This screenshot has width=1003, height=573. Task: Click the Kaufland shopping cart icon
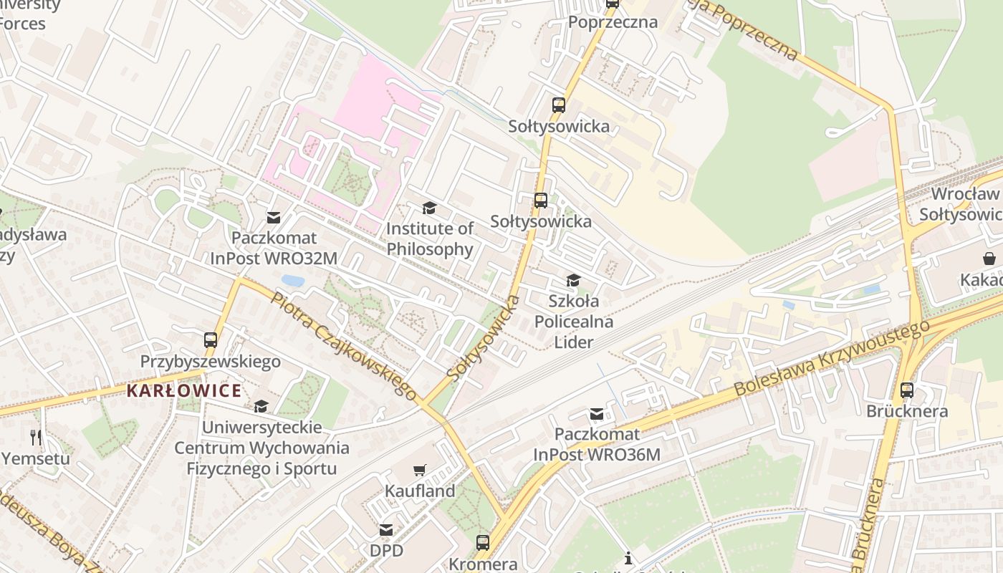click(420, 471)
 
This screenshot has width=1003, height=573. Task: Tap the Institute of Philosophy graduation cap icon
click(429, 208)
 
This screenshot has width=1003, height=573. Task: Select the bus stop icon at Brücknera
click(907, 390)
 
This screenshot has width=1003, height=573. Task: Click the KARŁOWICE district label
click(184, 391)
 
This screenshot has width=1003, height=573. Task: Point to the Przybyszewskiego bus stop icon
click(210, 340)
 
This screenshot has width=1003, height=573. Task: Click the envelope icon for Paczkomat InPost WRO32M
click(274, 217)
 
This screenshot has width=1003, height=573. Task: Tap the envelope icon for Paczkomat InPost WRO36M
click(597, 414)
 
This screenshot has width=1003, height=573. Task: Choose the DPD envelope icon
click(386, 530)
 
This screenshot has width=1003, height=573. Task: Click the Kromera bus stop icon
click(483, 542)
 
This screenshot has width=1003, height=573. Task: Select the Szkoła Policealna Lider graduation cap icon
click(573, 280)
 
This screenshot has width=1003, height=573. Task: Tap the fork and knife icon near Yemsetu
click(36, 437)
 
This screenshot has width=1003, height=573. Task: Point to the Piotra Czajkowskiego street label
click(343, 346)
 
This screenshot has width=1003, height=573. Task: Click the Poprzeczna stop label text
click(613, 22)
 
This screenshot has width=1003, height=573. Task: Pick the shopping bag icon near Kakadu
click(989, 259)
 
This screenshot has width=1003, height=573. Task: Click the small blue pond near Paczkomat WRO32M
click(292, 280)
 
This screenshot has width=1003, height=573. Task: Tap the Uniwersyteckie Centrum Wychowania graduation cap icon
click(261, 406)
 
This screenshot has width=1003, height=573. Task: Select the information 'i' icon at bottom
click(628, 558)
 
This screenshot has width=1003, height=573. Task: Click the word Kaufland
click(420, 491)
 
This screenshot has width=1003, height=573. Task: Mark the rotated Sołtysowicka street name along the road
click(482, 337)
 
